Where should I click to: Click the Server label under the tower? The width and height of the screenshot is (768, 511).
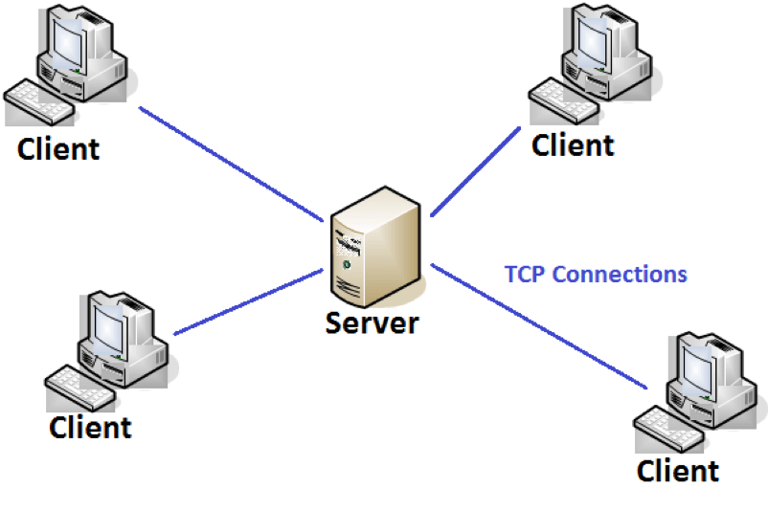pyautogui.click(x=373, y=322)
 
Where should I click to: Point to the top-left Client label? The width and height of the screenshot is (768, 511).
pyautogui.click(x=58, y=149)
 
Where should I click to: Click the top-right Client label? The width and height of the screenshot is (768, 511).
pyautogui.click(x=573, y=145)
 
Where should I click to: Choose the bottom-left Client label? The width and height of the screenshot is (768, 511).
pyautogui.click(x=90, y=427)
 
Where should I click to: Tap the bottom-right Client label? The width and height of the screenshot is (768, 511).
pyautogui.click(x=678, y=471)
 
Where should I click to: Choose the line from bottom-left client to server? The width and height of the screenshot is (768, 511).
pyautogui.click(x=249, y=301)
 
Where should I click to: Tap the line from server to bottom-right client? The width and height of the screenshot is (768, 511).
pyautogui.click(x=541, y=326)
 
